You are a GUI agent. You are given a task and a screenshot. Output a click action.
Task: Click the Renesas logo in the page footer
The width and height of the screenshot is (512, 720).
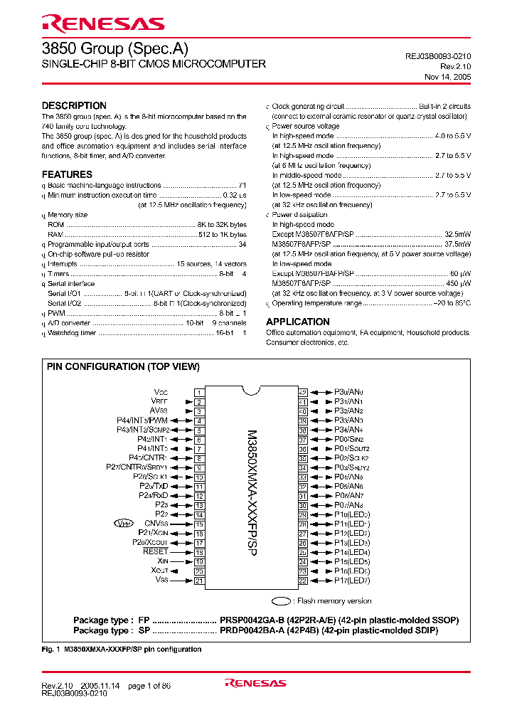click(255, 683)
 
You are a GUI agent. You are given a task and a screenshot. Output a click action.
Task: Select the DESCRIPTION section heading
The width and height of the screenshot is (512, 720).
click(74, 105)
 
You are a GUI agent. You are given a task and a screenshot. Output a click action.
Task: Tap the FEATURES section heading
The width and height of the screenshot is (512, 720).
click(67, 174)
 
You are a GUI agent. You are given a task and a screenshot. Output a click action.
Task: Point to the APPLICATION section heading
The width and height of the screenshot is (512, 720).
click(297, 322)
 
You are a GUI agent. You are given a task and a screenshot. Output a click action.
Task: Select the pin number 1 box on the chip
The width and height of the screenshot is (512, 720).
click(199, 392)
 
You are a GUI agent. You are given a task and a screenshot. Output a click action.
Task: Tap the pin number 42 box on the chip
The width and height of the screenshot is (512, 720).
click(302, 392)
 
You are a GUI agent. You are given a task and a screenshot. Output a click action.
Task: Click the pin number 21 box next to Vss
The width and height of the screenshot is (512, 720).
click(199, 581)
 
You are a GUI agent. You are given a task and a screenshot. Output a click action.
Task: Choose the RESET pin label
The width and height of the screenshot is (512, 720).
click(155, 551)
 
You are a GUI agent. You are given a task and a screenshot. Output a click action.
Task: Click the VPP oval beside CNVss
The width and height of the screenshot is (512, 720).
click(124, 523)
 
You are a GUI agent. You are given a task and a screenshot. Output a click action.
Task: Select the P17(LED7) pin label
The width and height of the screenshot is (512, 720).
click(353, 581)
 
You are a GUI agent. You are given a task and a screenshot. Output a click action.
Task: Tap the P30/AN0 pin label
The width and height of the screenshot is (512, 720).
click(348, 392)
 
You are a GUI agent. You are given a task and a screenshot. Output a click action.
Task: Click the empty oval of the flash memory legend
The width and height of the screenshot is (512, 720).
click(283, 600)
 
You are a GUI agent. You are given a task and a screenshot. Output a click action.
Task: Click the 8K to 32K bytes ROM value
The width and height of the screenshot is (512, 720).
click(221, 224)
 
